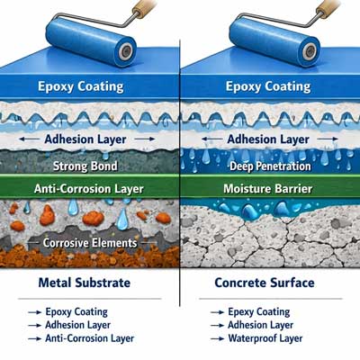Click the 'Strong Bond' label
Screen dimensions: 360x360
(85, 166)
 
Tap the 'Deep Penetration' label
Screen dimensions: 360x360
(270, 166)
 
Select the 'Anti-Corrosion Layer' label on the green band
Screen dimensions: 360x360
(89, 189)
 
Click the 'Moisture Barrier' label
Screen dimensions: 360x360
(268, 189)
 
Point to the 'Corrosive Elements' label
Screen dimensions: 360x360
(90, 243)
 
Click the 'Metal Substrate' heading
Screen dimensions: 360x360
(85, 283)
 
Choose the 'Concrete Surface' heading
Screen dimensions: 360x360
(265, 283)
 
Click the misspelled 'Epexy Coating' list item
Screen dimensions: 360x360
(259, 312)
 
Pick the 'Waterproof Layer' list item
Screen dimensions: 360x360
(265, 338)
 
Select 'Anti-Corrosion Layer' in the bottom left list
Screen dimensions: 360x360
(90, 338)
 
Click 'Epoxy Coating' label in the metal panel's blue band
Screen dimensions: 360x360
(81, 86)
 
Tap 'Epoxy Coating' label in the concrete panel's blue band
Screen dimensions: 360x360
(268, 86)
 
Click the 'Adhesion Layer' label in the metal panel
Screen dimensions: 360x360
(85, 139)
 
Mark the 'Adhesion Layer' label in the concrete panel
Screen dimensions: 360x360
(268, 139)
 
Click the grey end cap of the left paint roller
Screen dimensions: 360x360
(126, 50)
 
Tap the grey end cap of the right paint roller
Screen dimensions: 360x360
(310, 50)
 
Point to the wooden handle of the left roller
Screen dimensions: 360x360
(144, 7)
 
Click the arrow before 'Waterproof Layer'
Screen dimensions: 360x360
(217, 338)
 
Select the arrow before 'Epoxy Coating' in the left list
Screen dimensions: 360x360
(34, 312)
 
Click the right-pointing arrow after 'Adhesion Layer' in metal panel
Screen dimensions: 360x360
(145, 139)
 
